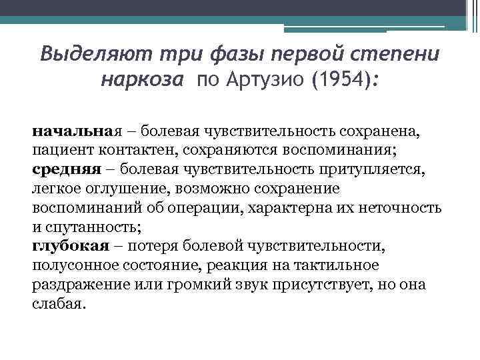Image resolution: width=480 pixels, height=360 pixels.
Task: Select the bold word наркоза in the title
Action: [141, 82]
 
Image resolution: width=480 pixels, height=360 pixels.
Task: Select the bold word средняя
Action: [63, 169]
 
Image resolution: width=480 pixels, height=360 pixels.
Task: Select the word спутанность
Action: [87, 227]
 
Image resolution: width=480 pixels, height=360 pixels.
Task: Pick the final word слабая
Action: [59, 304]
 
